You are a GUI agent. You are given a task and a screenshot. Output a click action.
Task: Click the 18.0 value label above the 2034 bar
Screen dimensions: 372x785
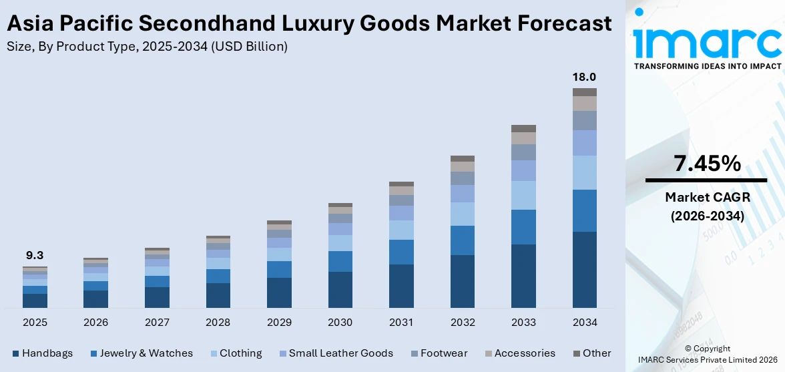(x=584, y=77)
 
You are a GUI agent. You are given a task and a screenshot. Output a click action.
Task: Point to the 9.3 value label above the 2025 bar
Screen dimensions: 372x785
(x=35, y=255)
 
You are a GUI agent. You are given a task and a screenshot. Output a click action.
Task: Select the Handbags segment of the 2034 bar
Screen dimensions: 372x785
(x=584, y=270)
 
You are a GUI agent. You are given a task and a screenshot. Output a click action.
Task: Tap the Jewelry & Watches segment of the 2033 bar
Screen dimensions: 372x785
(x=523, y=227)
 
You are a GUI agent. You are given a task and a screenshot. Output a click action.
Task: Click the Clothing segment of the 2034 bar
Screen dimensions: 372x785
(x=584, y=172)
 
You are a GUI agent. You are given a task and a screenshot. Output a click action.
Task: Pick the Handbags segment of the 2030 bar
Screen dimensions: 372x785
(x=340, y=290)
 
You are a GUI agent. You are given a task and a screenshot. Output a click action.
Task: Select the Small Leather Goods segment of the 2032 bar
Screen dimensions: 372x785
(x=463, y=194)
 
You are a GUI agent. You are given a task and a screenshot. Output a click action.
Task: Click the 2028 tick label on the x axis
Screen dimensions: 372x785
(x=218, y=323)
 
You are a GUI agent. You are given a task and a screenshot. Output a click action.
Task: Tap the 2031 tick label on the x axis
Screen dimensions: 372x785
(x=401, y=323)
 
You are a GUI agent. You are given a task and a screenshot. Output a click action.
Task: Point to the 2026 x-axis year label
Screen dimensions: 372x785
(x=96, y=323)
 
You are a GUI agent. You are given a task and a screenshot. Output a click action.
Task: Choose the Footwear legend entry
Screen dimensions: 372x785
(x=439, y=353)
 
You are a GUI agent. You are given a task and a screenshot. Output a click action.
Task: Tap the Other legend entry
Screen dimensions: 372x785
(x=591, y=353)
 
